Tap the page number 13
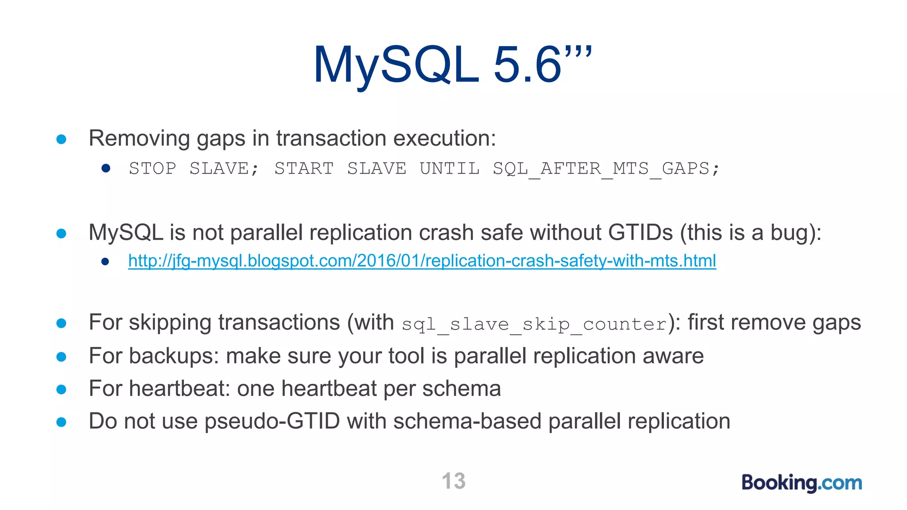[453, 481]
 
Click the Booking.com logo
[802, 483]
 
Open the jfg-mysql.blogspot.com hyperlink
[422, 261]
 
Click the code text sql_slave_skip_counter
[534, 324]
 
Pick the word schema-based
[467, 421]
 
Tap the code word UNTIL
[450, 169]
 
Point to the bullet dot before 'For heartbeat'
[62, 390]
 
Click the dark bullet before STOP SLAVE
[105, 168]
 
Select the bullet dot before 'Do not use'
[62, 422]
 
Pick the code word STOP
[152, 169]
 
